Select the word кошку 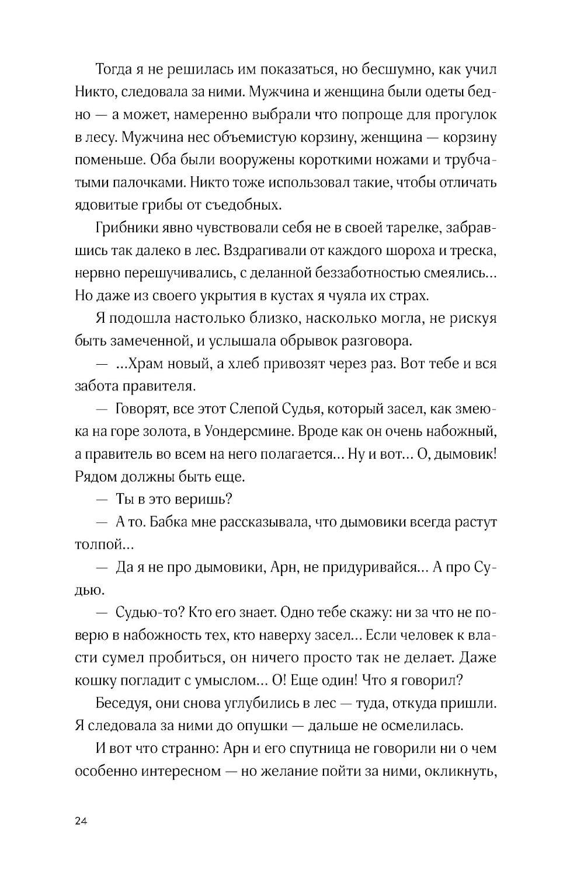(x=95, y=680)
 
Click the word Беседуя (x=120, y=703)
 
